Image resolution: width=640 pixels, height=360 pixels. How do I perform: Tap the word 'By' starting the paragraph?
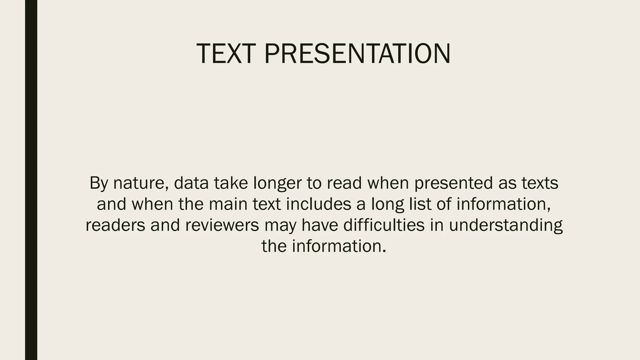pos(98,183)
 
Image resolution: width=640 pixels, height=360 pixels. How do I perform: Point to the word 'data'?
pos(191,183)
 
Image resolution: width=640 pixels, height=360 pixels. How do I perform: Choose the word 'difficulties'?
pos(384,225)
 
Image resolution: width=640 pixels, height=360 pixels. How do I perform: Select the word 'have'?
pos(319,225)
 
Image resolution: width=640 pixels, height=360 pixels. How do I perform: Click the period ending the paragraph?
pos(384,251)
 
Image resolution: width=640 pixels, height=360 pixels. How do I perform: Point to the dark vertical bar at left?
pos(31,180)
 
